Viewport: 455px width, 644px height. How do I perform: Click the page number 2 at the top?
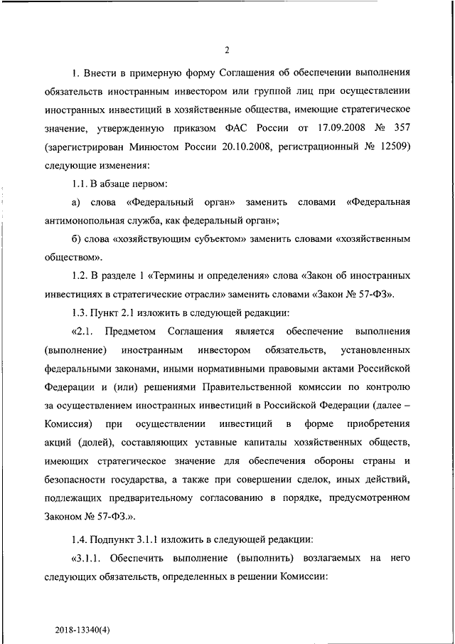(227, 50)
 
